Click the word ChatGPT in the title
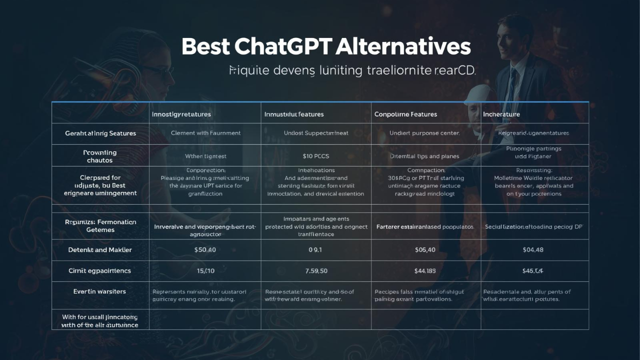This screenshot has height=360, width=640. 282,46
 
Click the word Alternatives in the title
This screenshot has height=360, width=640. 403,46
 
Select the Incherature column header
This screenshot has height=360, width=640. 501,114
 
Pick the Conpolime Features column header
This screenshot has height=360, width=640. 405,114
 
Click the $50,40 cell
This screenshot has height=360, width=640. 205,249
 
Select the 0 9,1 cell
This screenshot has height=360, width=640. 315,249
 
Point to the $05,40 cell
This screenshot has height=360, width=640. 425,249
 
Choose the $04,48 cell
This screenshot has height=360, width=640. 532,249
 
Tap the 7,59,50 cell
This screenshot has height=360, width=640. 316,270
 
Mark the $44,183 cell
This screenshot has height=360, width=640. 425,270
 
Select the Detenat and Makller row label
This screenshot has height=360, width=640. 100,249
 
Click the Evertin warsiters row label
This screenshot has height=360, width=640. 99,291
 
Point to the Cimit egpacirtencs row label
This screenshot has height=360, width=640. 99,270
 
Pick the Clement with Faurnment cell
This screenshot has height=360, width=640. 205,133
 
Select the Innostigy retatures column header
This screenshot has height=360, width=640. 181,114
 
